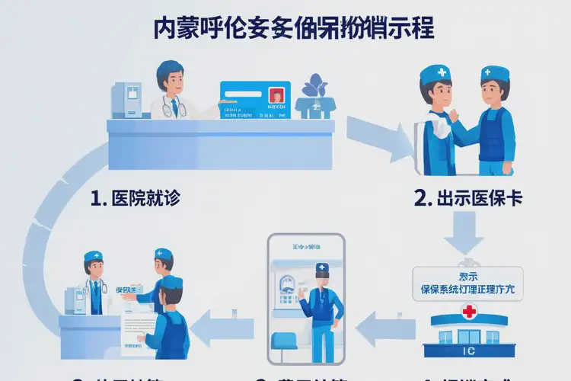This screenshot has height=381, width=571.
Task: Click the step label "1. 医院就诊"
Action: pyautogui.click(x=136, y=199)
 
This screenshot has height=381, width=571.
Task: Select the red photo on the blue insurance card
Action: pyautogui.click(x=276, y=96)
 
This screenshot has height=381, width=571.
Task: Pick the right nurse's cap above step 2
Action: pyautogui.click(x=495, y=73)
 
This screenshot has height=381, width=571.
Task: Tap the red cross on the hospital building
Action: pyautogui.click(x=468, y=311)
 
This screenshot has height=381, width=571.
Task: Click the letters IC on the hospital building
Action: pyautogui.click(x=467, y=351)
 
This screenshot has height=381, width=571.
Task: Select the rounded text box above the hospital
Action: pyautogui.click(x=467, y=282)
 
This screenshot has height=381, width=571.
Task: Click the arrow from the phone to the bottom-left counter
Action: pyautogui.click(x=222, y=328)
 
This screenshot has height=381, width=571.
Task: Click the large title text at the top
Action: pyautogui.click(x=293, y=28)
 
